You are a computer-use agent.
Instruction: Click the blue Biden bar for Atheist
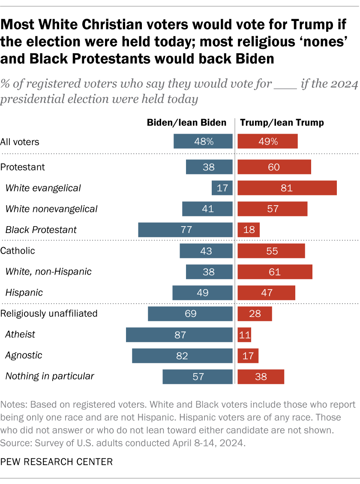pyautogui.click(x=179, y=335)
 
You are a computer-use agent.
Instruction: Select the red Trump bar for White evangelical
pyautogui.click(x=287, y=188)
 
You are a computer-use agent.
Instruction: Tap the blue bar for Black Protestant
pyautogui.click(x=185, y=230)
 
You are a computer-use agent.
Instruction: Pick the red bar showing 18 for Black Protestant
pyautogui.click(x=249, y=230)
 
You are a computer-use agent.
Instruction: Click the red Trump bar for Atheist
pyautogui.click(x=244, y=335)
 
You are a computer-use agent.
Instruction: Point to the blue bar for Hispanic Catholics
pyautogui.click(x=202, y=293)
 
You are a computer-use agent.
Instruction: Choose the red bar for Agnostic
pyautogui.click(x=248, y=356)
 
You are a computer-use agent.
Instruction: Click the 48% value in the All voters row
pyautogui.click(x=203, y=141)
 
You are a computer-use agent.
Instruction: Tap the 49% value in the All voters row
pyautogui.click(x=267, y=141)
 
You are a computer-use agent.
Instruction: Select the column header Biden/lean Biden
pyautogui.click(x=186, y=122)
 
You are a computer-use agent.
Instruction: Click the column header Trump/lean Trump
pyautogui.click(x=282, y=122)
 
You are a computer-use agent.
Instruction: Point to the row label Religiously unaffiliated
pyautogui.click(x=49, y=314)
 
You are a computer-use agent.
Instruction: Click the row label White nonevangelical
pyautogui.click(x=51, y=209)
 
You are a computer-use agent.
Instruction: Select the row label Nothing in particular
pyautogui.click(x=50, y=376)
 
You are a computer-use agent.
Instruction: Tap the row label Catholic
pyautogui.click(x=18, y=251)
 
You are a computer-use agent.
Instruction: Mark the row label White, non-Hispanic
pyautogui.click(x=48, y=272)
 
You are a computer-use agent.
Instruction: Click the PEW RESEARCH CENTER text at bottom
pyautogui.click(x=57, y=462)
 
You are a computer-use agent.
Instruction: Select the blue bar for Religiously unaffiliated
pyautogui.click(x=190, y=314)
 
